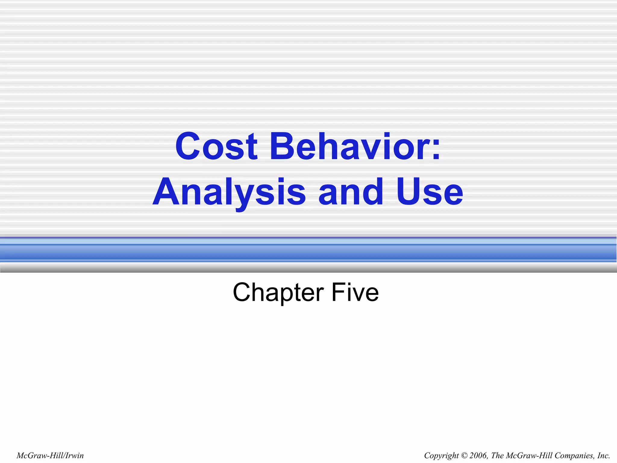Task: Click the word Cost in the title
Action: pos(216,147)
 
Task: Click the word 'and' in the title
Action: pos(351,192)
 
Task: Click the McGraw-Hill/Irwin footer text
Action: pos(50,455)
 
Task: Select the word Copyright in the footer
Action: pos(441,455)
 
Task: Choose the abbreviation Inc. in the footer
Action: pos(603,455)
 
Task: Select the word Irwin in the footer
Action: pos(74,455)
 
